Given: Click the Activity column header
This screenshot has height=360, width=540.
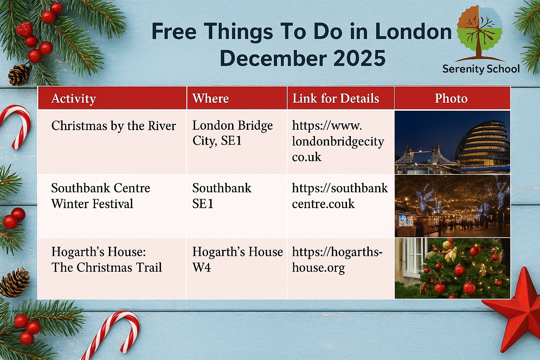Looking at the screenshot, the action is coord(73,99).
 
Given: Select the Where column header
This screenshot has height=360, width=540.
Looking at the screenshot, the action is coord(211,98).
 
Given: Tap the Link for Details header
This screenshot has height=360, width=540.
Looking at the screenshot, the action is coord(336,98).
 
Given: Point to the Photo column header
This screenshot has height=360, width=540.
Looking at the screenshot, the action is coord(451,98).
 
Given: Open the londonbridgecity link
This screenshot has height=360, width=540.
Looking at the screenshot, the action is coord(338,141).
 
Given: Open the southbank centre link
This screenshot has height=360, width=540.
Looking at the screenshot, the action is coord(340,196).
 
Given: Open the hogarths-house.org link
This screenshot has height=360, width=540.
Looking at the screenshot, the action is coord(337,260).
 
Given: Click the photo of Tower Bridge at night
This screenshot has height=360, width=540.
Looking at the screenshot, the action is coord(452,142).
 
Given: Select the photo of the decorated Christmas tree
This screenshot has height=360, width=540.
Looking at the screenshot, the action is coord(452,268).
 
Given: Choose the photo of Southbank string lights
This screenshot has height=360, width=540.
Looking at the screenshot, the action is coord(452,206).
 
